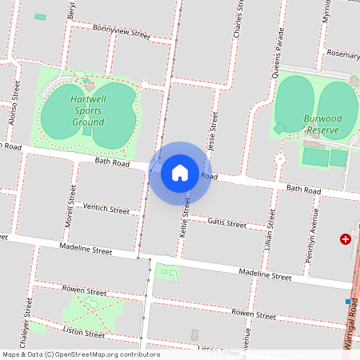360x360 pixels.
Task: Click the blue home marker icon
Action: coord(180,173)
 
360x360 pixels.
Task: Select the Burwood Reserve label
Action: coord(322,123)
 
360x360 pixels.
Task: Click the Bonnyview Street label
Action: coord(121,32)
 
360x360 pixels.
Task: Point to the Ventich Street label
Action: coord(106,210)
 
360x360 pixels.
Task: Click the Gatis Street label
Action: coord(226,223)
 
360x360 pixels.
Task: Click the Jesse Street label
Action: coord(213,131)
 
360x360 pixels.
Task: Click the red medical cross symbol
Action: coord(346,238)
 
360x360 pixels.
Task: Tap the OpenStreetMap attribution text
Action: coord(81,354)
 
